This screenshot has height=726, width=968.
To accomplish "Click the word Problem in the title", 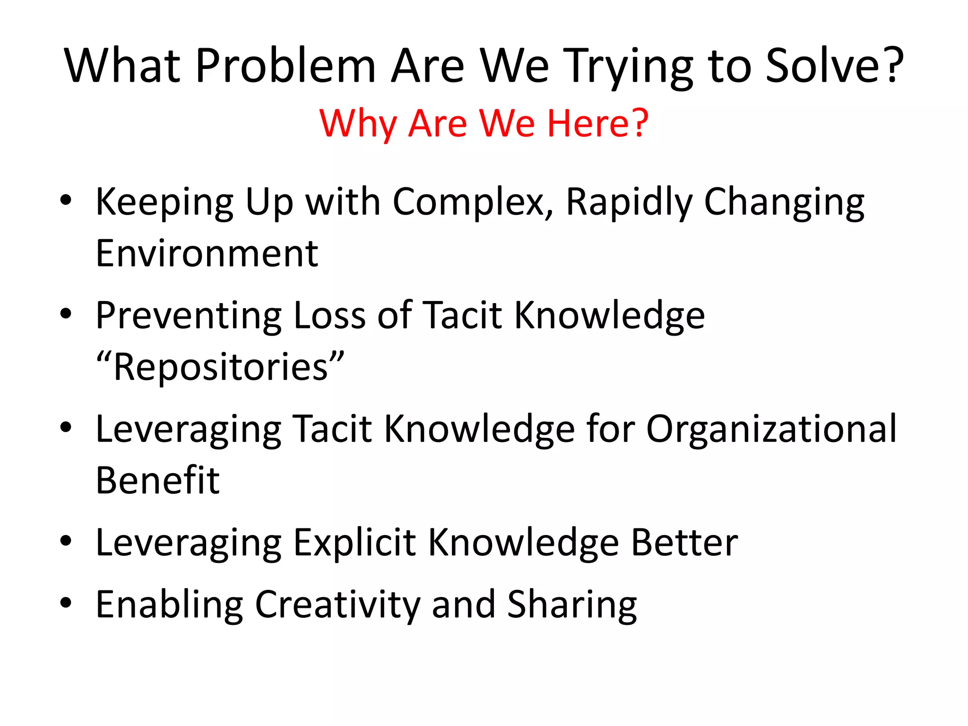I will click(285, 66).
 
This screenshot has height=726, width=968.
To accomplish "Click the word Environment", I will click(207, 254).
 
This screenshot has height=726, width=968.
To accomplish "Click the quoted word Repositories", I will click(220, 367).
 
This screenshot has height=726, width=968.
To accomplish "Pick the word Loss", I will click(329, 316).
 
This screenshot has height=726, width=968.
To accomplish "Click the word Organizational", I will click(771, 429).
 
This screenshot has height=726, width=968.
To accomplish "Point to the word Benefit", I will click(157, 481).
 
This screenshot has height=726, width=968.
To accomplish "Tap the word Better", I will click(684, 543).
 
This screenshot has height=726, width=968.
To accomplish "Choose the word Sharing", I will click(572, 605).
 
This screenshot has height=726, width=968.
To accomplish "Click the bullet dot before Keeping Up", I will click(66, 200).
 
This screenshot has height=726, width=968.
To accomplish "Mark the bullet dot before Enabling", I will click(66, 603).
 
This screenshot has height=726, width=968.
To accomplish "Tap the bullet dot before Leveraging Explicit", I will click(66, 541).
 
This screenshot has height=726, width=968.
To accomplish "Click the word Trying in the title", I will click(630, 66).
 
